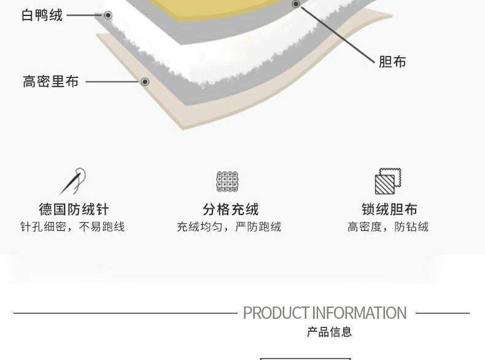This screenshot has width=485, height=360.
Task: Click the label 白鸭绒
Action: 42,15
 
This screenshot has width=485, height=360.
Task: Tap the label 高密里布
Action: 51,82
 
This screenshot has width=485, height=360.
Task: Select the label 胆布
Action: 392,61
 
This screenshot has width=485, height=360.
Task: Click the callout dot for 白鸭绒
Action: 108,15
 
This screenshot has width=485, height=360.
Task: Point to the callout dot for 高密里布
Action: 145,82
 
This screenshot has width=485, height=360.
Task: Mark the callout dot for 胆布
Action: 296,4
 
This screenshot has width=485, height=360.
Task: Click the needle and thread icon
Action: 73,182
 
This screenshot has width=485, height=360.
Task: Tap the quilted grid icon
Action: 227,182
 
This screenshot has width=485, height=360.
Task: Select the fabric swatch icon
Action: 387,181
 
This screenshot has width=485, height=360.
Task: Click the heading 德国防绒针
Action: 74,209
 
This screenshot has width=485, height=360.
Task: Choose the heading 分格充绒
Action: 230,209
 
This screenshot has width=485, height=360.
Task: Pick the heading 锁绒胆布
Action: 389,209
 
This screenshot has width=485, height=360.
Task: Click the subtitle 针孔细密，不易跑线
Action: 72,227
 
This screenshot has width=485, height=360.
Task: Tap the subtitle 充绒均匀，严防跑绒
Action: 229,227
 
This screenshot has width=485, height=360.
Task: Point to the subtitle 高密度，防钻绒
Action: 388,227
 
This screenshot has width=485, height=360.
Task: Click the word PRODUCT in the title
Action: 276,313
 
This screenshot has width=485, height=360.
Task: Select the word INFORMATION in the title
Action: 359,313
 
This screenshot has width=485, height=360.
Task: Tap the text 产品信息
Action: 330,332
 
